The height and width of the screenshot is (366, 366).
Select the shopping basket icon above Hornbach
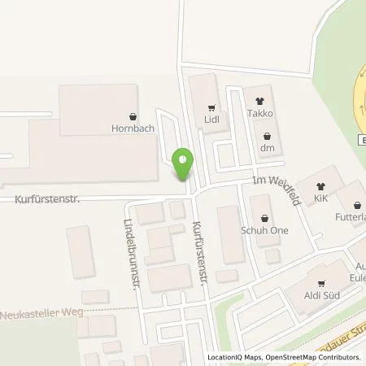[133, 116]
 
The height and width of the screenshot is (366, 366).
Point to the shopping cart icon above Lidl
[212, 107]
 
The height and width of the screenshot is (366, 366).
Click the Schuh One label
[266, 230]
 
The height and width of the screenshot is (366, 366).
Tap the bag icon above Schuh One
[264, 218]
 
